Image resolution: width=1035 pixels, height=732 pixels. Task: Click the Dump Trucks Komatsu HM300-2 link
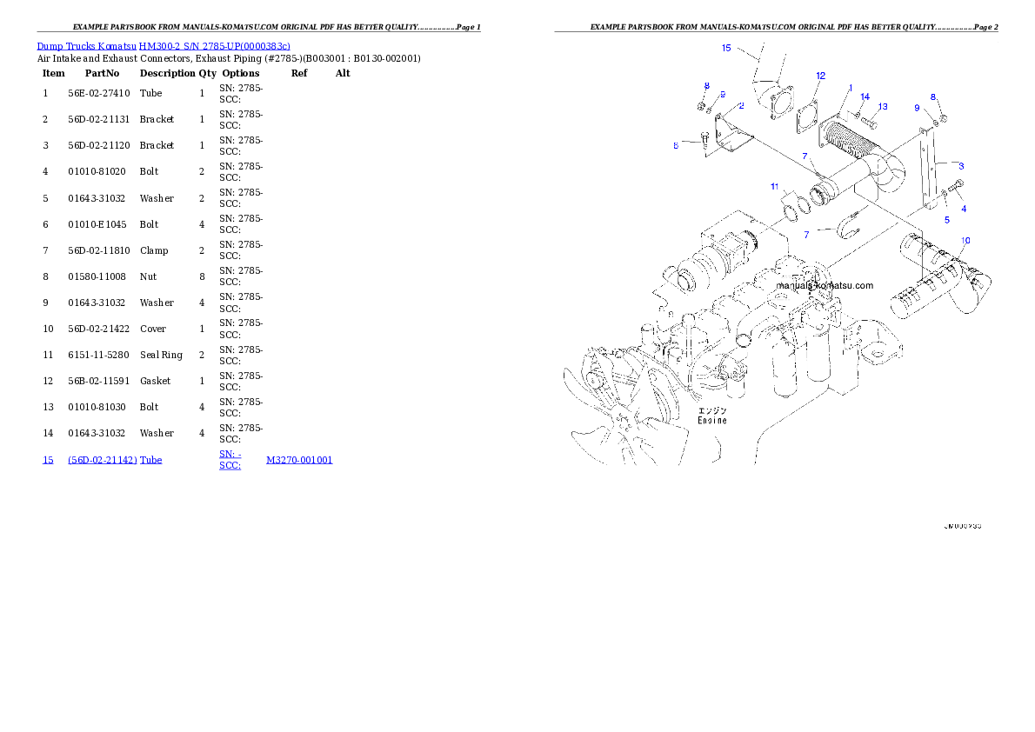click(164, 46)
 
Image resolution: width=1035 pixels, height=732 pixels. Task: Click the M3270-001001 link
click(298, 460)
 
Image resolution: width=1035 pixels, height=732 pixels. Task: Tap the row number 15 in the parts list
click(48, 460)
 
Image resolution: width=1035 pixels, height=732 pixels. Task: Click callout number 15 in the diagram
click(726, 48)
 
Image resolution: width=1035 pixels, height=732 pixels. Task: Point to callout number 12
click(820, 76)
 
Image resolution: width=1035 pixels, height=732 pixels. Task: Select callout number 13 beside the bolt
click(882, 107)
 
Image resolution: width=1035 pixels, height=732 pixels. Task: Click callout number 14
click(865, 96)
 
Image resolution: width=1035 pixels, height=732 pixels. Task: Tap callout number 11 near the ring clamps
click(774, 186)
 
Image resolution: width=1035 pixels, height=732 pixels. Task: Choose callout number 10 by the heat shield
click(965, 240)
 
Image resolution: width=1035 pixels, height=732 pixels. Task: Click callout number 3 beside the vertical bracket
click(961, 165)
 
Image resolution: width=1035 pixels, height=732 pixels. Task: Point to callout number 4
click(964, 209)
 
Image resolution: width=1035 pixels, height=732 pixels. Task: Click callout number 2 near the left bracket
click(741, 105)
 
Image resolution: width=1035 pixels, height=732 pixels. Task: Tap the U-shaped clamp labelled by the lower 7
click(849, 229)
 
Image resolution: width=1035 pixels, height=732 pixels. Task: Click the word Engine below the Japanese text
click(711, 420)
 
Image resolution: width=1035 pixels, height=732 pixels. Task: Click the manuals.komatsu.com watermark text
click(825, 285)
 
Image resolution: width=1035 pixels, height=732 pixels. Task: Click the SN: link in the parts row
click(228, 454)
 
